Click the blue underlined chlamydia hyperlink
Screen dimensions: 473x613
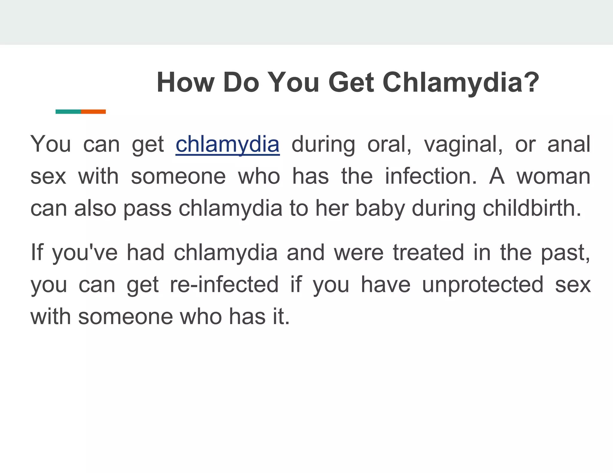[x=227, y=144]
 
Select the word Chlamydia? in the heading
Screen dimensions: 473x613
[x=461, y=83]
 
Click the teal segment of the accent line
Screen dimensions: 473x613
[x=68, y=112]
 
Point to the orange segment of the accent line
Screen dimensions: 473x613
[x=93, y=112]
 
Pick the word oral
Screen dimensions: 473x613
[x=389, y=144]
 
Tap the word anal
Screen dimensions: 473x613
[x=569, y=144]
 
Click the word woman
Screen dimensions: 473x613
[x=553, y=176]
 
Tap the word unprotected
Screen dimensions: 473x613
[x=482, y=285]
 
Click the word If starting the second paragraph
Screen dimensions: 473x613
[x=37, y=253]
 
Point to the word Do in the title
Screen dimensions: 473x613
[x=241, y=83]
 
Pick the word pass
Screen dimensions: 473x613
[x=148, y=209]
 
